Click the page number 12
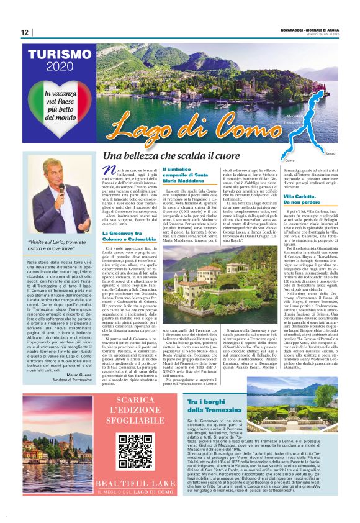[24, 32]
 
